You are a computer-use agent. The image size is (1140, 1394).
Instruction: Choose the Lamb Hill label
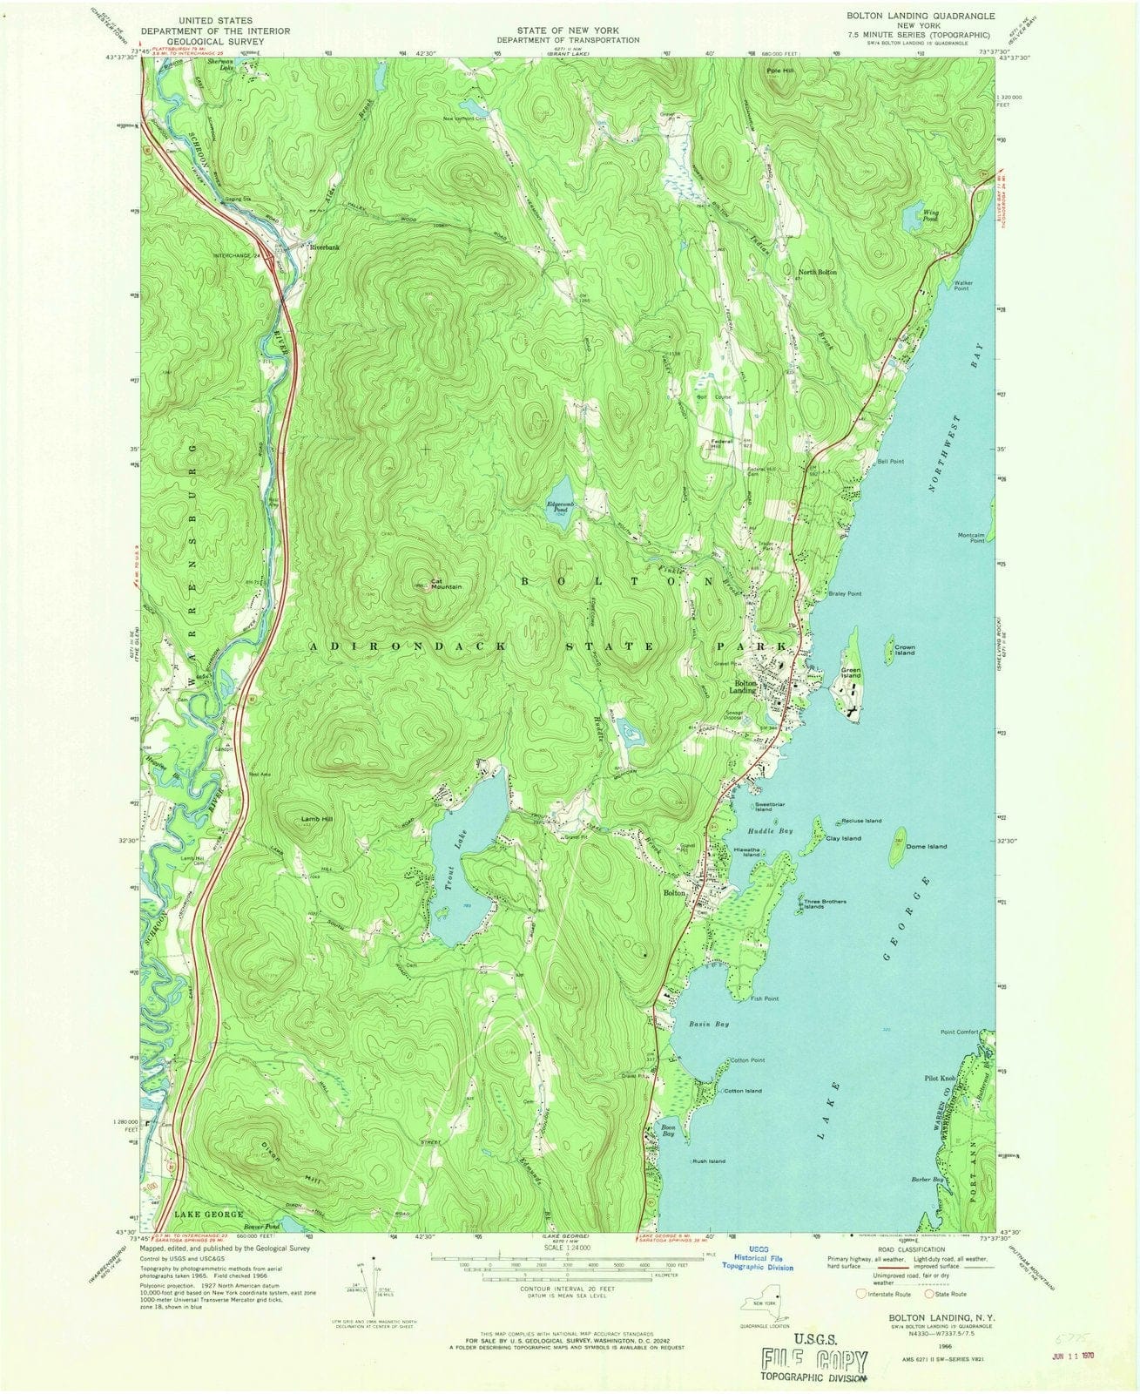point(318,819)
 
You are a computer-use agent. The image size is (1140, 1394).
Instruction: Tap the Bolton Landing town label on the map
point(745,687)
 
